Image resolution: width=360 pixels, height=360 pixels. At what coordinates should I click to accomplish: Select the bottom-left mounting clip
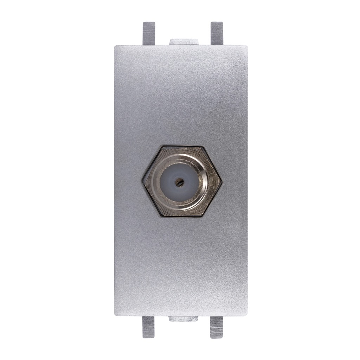click(149, 327)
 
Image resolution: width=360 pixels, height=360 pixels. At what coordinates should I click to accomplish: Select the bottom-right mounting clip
click(217, 327)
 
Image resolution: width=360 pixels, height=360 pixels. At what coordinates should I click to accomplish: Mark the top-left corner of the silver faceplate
click(115, 45)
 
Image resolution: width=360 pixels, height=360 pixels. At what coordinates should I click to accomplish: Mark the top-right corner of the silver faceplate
click(247, 45)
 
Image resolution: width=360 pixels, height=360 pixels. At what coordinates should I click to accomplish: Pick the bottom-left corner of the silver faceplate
click(115, 315)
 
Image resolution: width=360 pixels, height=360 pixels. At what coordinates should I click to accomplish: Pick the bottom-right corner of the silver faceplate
click(247, 315)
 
